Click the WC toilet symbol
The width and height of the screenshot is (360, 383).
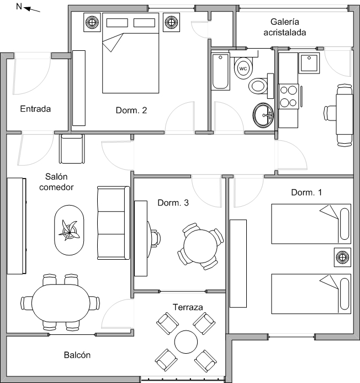click(243, 68)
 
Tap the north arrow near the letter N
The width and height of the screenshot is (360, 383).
click(31, 9)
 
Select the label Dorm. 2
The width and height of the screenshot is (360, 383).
click(131, 111)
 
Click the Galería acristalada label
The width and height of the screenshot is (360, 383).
click(284, 27)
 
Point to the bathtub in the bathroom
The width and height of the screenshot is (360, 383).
click(220, 71)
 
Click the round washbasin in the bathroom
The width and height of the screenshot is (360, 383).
click(263, 115)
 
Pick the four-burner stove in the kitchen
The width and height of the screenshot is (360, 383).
click(288, 97)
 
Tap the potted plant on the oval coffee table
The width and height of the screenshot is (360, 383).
click(70, 230)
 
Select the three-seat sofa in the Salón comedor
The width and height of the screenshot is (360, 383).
click(114, 223)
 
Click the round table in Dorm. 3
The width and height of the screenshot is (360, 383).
click(200, 246)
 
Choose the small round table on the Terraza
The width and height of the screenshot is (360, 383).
click(186, 342)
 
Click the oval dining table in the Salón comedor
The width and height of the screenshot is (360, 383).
click(61, 303)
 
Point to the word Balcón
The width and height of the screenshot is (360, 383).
click(77, 355)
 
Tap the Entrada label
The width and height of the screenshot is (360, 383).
click(35, 109)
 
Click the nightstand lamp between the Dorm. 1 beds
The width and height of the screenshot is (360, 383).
click(342, 257)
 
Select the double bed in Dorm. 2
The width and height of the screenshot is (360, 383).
click(130, 53)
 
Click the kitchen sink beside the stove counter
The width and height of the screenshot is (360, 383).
click(309, 63)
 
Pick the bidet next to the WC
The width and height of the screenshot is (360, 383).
click(258, 86)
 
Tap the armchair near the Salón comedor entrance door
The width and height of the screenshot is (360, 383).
click(72, 149)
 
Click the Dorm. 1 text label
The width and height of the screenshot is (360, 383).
click(306, 192)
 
